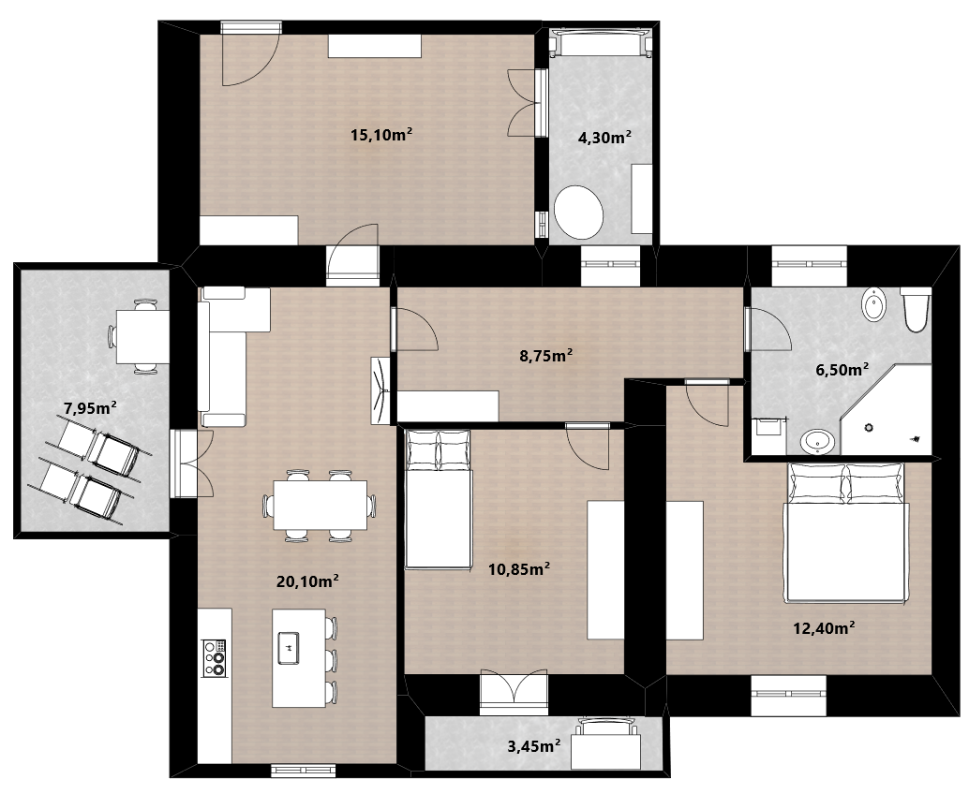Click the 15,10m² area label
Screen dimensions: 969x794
point(381,134)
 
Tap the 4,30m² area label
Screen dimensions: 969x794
point(604,137)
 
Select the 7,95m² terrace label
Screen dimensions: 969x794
point(90,407)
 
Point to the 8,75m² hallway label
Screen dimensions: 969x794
point(545,356)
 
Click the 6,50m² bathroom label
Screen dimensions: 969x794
point(842,370)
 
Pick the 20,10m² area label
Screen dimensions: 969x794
point(307,581)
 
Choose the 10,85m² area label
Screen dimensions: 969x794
point(519,568)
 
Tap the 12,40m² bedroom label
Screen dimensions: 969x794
point(824,628)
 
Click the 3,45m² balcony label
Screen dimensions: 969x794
point(534,746)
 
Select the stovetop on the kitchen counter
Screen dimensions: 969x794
point(215,657)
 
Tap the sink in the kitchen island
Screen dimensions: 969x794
point(289,648)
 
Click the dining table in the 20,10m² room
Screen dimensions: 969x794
point(321,505)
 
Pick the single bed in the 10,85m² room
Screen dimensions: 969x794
point(439,499)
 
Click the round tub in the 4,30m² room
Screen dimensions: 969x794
point(578,213)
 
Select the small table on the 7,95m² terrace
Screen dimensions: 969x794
point(142,336)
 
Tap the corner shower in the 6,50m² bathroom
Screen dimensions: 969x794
point(887,410)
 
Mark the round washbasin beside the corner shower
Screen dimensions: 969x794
point(817,442)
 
